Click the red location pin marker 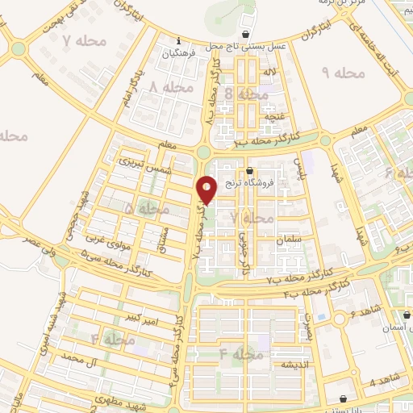coord(207,189)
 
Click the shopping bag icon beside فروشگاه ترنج coord(249,170)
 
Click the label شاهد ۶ coord(366,311)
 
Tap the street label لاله coord(273,73)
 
